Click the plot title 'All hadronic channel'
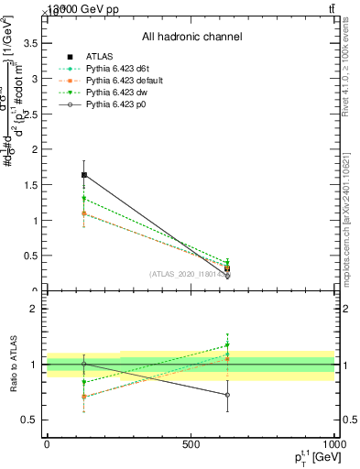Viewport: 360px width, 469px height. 191,37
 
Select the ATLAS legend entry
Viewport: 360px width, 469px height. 102,57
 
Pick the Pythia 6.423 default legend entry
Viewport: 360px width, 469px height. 122,81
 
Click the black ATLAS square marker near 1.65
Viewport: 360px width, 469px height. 84,175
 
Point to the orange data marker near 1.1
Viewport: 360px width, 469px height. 84,213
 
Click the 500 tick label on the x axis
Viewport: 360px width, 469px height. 191,443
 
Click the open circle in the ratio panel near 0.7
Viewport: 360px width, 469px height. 227,395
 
